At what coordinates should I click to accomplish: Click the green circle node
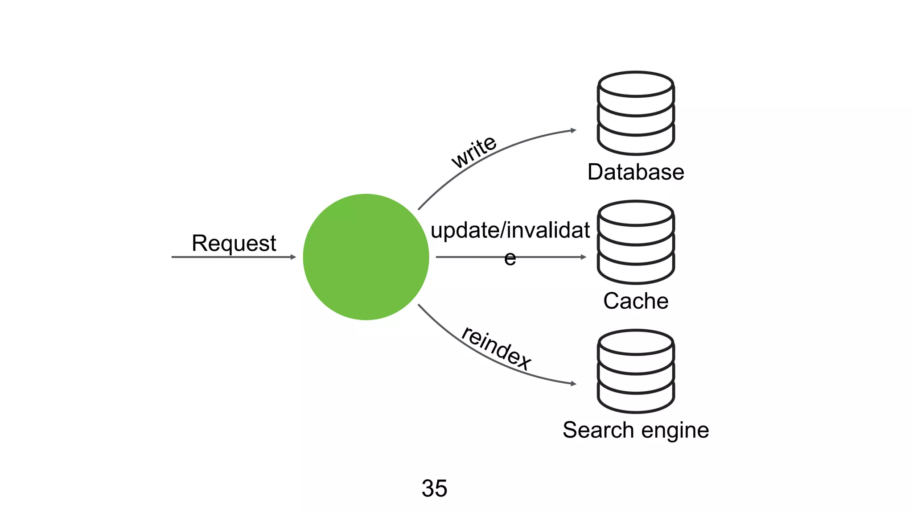[366, 257]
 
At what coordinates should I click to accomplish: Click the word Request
[234, 244]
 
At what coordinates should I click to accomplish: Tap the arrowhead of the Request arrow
[293, 257]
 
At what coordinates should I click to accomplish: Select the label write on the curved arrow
[473, 152]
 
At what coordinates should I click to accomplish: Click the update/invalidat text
[510, 230]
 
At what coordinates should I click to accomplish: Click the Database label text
[636, 172]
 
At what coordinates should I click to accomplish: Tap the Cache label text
[636, 301]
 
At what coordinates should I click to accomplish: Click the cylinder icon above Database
[636, 114]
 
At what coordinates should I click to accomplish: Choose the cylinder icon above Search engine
[636, 371]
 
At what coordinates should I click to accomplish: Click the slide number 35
[434, 488]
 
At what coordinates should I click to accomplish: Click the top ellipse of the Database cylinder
[636, 84]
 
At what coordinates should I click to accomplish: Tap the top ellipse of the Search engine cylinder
[636, 342]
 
